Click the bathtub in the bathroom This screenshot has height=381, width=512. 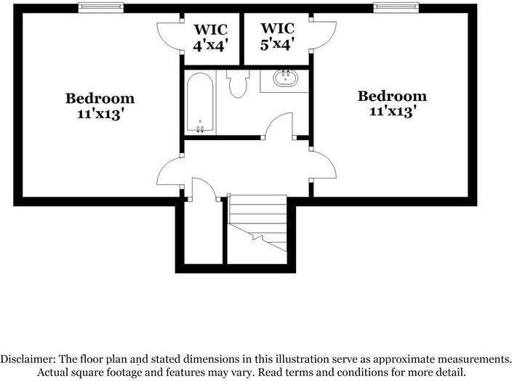200,103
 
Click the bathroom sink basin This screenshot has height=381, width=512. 285,78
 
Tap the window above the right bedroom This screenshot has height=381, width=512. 396,7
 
